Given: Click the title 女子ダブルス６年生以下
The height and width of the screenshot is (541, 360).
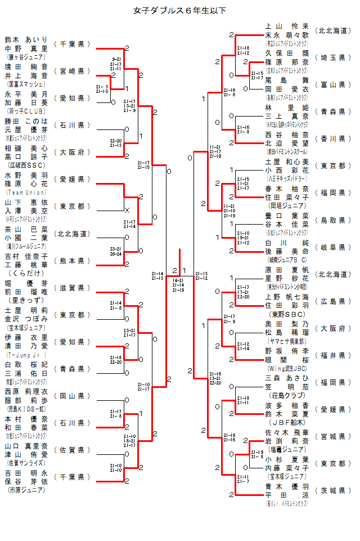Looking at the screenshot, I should click(179, 11).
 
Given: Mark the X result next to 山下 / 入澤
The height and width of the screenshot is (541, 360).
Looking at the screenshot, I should click(127, 210).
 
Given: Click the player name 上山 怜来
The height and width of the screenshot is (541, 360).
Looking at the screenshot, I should click(287, 26).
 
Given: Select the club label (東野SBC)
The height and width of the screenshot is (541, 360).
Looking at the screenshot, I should click(287, 314).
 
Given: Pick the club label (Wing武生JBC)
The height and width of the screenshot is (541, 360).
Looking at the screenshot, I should click(287, 368).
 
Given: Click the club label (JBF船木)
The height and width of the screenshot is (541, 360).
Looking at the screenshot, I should click(287, 422).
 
